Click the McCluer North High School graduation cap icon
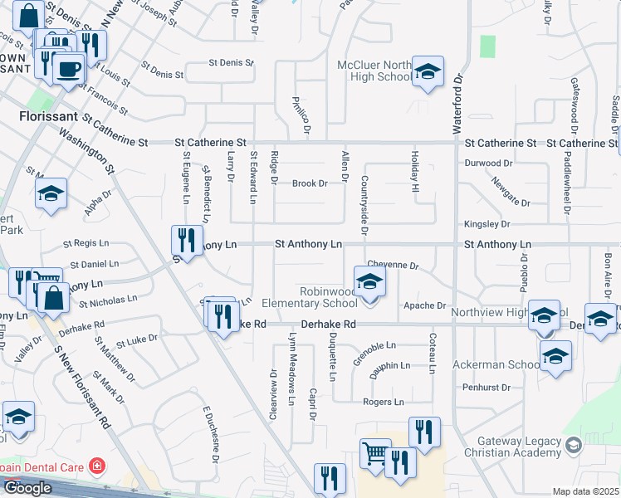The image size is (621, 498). point(428,72)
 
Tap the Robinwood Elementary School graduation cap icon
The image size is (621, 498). point(369,282)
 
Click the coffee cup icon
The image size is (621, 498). point(68,68)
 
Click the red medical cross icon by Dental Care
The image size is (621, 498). point(98,466)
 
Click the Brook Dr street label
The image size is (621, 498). point(310,183)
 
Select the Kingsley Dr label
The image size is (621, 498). point(486,224)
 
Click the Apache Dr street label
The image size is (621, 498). point(424,305)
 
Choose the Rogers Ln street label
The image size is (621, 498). point(383,402)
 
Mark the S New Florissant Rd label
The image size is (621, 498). point(81,387)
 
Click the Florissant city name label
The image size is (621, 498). point(47,118)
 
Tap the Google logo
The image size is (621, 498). point(27,488)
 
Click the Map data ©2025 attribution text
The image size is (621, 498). point(585,491)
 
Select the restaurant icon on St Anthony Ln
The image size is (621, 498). point(185,241)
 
